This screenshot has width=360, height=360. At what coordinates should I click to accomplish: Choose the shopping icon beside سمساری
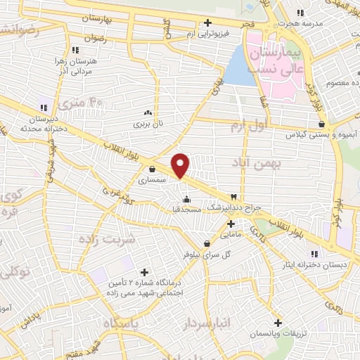click(153, 169)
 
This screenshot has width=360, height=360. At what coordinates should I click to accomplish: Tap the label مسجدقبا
click(187, 210)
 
